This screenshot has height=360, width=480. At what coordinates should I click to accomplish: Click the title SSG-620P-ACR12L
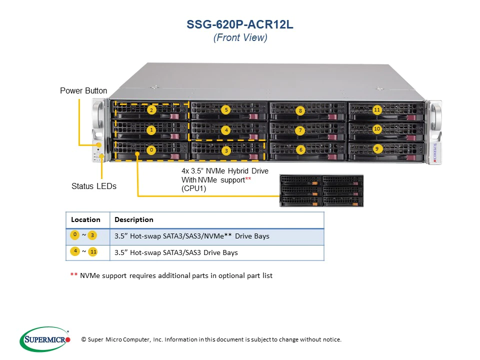pyautogui.click(x=240, y=25)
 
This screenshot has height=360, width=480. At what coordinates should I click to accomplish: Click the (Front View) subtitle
pyautogui.click(x=240, y=37)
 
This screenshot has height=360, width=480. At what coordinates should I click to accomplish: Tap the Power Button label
pyautogui.click(x=83, y=90)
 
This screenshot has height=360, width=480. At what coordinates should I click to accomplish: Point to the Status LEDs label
pyautogui.click(x=94, y=186)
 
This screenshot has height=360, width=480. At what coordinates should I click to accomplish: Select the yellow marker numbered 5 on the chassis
pyautogui.click(x=226, y=109)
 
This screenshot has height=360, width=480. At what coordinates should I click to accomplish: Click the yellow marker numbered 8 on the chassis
pyautogui.click(x=300, y=110)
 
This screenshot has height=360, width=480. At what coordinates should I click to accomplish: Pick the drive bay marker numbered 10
pyautogui.click(x=377, y=128)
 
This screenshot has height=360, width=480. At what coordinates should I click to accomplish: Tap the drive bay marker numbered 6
pyautogui.click(x=300, y=149)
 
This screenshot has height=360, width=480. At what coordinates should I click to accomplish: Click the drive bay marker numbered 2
pyautogui.click(x=151, y=110)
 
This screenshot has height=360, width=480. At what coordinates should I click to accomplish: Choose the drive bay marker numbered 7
pyautogui.click(x=300, y=130)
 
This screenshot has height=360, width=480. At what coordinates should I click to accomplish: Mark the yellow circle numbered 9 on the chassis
pyautogui.click(x=376, y=148)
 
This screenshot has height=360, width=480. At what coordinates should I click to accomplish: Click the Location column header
pyautogui.click(x=85, y=219)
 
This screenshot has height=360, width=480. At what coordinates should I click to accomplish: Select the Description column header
pyautogui.click(x=133, y=219)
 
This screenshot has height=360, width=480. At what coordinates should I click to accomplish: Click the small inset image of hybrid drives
pyautogui.click(x=321, y=190)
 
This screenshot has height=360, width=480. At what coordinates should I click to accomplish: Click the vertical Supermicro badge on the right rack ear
pyautogui.click(x=434, y=152)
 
